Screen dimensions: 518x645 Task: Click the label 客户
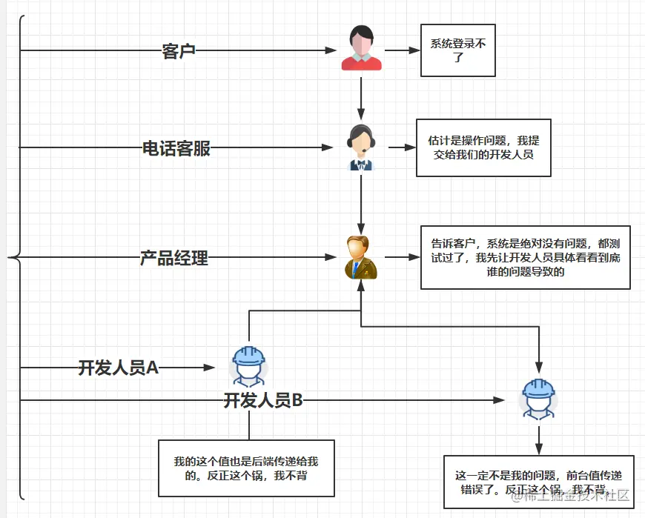pyautogui.click(x=178, y=51)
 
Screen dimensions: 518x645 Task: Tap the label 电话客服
pyautogui.click(x=176, y=148)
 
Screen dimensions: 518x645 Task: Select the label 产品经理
pyautogui.click(x=174, y=259)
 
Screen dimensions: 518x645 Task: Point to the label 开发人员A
pyautogui.click(x=119, y=368)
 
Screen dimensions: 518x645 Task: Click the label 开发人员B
pyautogui.click(x=263, y=401)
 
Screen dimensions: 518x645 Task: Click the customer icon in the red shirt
pyautogui.click(x=361, y=49)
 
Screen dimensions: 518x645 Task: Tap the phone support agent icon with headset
pyautogui.click(x=361, y=147)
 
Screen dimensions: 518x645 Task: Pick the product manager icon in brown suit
pyautogui.click(x=361, y=257)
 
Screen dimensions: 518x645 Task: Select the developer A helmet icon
pyautogui.click(x=248, y=365)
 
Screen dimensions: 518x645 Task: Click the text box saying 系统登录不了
pyautogui.click(x=457, y=50)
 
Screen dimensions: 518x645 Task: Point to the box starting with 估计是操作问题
pyautogui.click(x=483, y=147)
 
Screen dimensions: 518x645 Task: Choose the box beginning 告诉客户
pyautogui.click(x=525, y=257)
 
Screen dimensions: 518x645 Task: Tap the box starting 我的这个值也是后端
pyautogui.click(x=245, y=468)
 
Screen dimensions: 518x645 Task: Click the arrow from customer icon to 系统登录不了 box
pyautogui.click(x=402, y=50)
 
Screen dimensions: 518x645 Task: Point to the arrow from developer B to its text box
pyautogui.click(x=539, y=439)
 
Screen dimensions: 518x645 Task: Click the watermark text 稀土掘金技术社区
pyautogui.click(x=571, y=495)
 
